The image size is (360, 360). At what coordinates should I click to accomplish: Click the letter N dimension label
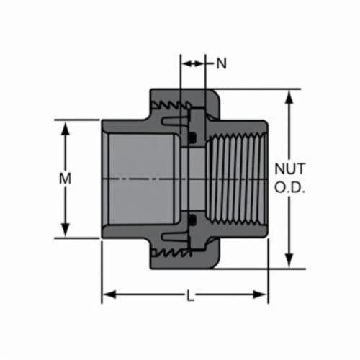tap(221, 63)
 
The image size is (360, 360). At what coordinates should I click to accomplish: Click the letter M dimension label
tap(65, 179)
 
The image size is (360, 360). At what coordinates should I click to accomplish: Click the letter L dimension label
tap(190, 295)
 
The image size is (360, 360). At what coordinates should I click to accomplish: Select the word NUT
tap(290, 168)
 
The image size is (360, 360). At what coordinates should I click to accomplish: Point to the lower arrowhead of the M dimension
tap(66, 230)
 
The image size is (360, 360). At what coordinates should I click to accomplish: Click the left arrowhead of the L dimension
tap(109, 294)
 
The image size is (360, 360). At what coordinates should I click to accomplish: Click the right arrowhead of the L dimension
tap(260, 294)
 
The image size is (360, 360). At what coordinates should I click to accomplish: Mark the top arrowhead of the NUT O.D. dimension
tap(289, 97)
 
